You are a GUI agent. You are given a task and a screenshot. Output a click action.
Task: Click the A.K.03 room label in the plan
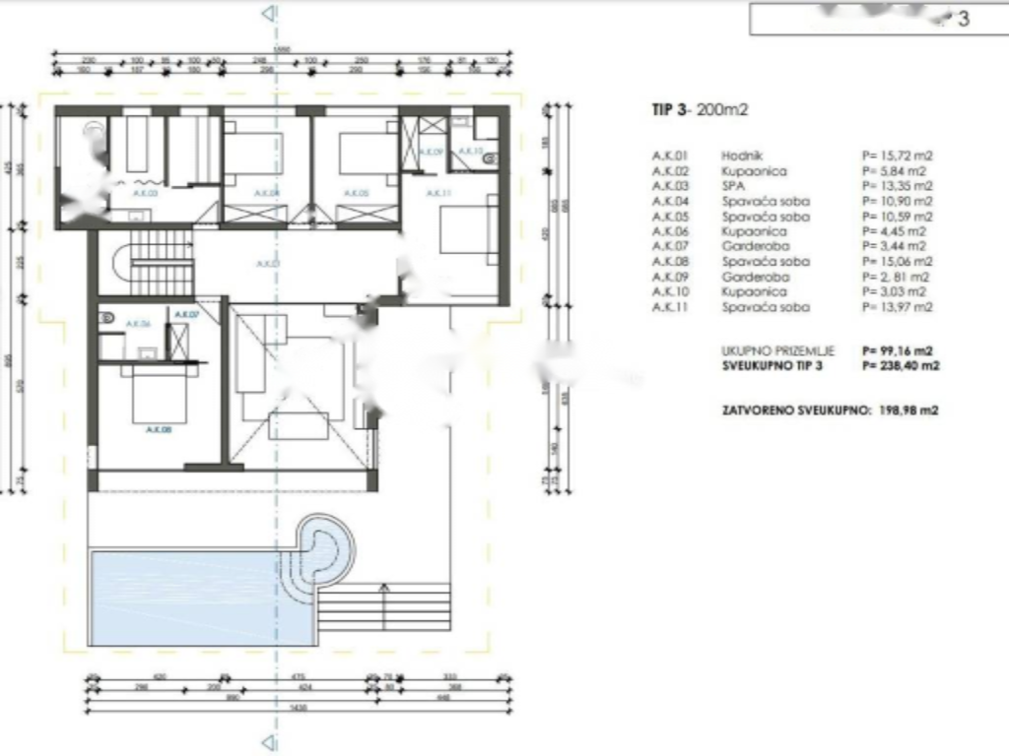145,194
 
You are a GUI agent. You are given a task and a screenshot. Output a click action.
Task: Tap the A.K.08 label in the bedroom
158,429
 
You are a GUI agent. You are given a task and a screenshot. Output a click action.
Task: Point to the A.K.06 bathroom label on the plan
138,324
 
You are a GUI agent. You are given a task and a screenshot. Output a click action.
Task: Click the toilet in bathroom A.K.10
492,155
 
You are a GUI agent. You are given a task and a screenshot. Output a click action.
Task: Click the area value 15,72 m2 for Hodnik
897,156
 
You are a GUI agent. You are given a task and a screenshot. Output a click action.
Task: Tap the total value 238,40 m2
902,365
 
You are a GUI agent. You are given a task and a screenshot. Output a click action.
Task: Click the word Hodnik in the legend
739,156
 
